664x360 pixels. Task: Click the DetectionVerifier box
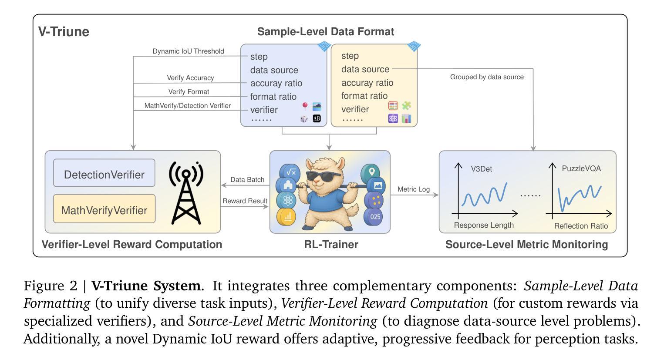coord(104,173)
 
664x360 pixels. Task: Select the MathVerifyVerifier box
coord(104,209)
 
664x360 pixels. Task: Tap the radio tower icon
coord(186,192)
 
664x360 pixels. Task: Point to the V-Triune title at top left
coord(64,32)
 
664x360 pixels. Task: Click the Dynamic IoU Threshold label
coord(188,51)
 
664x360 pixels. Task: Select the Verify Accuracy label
coord(190,78)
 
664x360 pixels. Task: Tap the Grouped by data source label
coord(487,77)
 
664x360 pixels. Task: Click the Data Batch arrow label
coord(247,179)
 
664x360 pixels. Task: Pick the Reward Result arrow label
coord(245,201)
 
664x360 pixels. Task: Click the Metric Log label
coord(414,189)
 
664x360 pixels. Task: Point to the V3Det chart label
coord(482,169)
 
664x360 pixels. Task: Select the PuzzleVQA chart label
coord(581,168)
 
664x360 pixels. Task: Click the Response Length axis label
coord(484,225)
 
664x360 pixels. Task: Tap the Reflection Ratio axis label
coord(581,226)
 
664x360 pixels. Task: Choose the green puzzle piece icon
coord(406,105)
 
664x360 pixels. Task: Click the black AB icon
coord(317,118)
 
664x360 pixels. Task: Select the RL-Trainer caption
coord(331,245)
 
